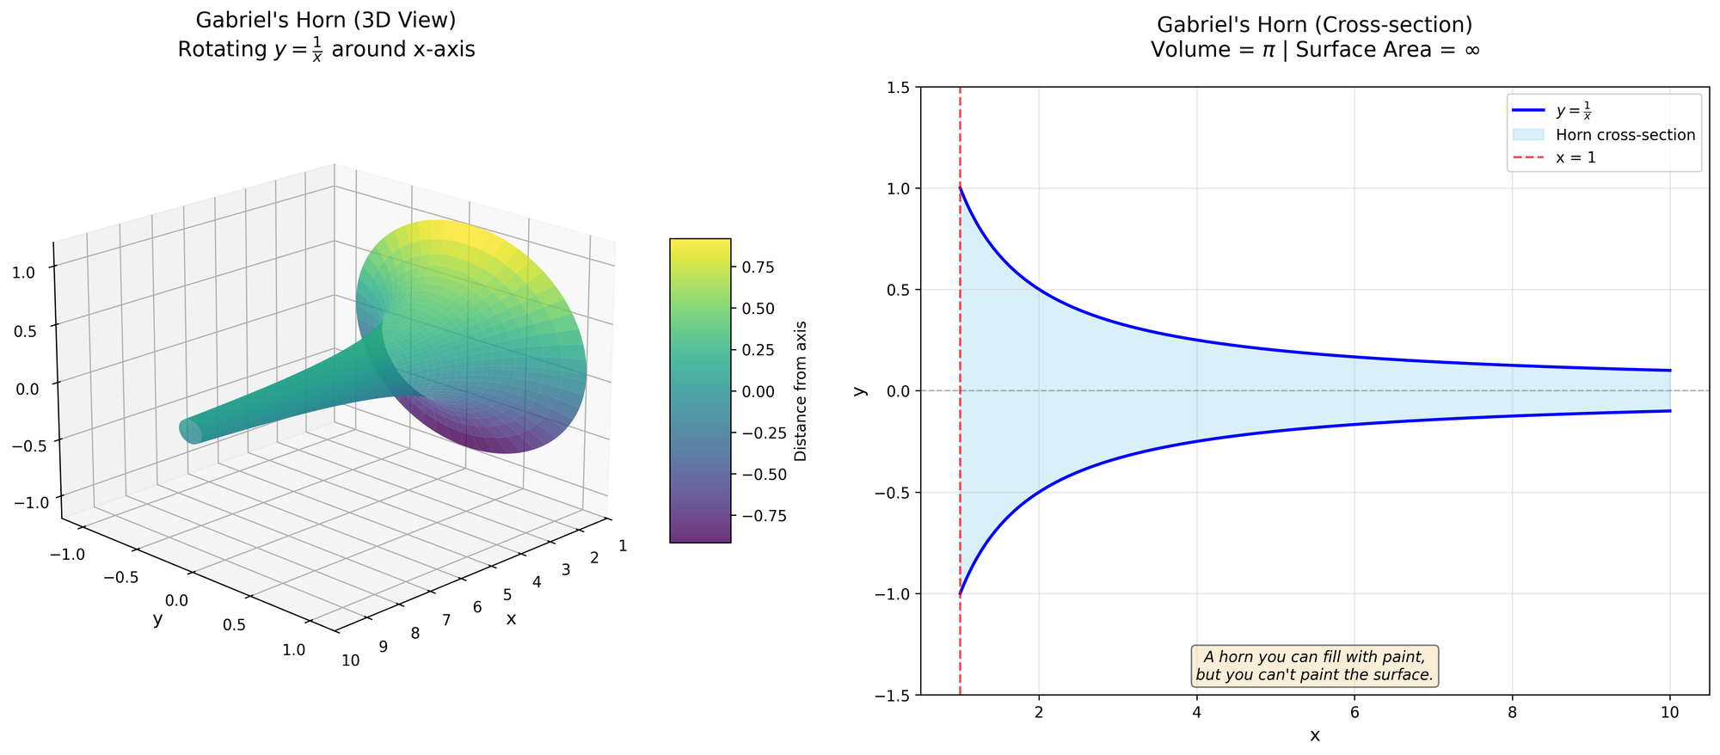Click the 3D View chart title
(x=326, y=34)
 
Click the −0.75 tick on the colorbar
(x=759, y=515)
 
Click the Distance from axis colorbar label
(x=801, y=390)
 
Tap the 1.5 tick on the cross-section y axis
(x=899, y=87)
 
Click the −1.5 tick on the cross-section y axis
(x=894, y=695)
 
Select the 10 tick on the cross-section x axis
(x=1670, y=713)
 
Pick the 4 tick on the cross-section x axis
(x=1197, y=713)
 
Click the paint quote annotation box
(x=1315, y=666)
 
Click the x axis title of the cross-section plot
(x=1315, y=735)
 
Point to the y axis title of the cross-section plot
(x=857, y=390)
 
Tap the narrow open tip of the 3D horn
(x=190, y=431)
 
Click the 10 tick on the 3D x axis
(x=351, y=660)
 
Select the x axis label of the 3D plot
(x=511, y=618)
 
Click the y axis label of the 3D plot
(x=157, y=619)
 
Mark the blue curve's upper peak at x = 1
(x=961, y=188)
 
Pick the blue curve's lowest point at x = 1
(x=961, y=593)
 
